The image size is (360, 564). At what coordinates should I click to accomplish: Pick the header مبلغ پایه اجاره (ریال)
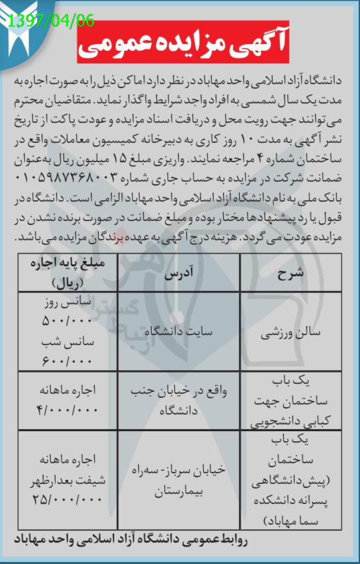click(x=62, y=272)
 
